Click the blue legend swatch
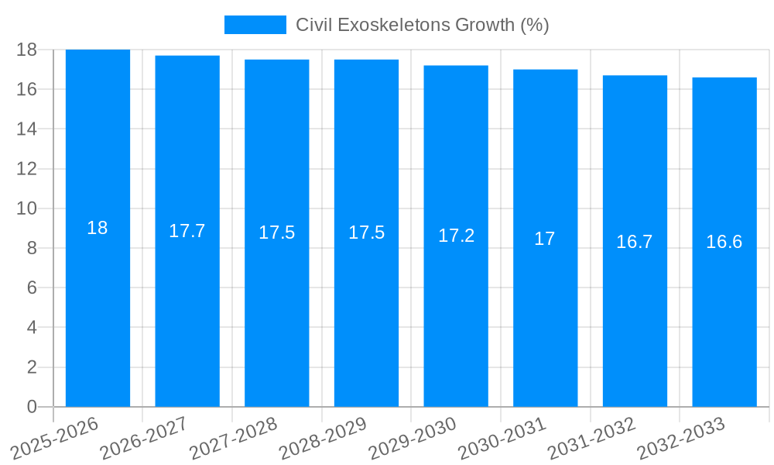coord(255,25)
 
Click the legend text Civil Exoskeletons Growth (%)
coord(422,25)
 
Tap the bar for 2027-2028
coord(276,310)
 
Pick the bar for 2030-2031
coord(545,310)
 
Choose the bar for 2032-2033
coord(724,310)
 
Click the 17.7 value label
coord(187,231)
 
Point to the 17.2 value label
coord(456,236)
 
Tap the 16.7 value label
coord(635,242)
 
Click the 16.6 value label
coord(724,242)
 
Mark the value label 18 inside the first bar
coord(98,228)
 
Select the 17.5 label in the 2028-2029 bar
coord(366,232)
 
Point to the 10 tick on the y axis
coord(27,208)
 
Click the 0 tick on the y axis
coord(32,407)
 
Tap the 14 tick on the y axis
coord(27,129)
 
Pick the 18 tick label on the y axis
coord(27,50)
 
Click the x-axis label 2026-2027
coord(144,437)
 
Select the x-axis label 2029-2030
coord(413,437)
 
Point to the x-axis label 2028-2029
coord(323,437)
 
